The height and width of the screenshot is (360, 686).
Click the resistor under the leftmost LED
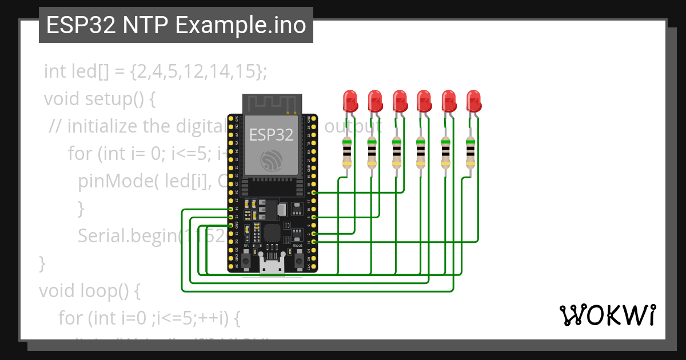tap(346, 152)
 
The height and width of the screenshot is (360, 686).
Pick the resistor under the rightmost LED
tap(470, 152)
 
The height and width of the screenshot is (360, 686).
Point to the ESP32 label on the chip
tap(272, 135)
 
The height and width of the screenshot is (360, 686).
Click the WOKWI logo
tap(607, 315)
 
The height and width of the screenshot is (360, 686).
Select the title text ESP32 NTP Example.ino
tap(176, 26)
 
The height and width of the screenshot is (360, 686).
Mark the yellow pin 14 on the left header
tap(230, 210)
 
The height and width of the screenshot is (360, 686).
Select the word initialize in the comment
tap(102, 126)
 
